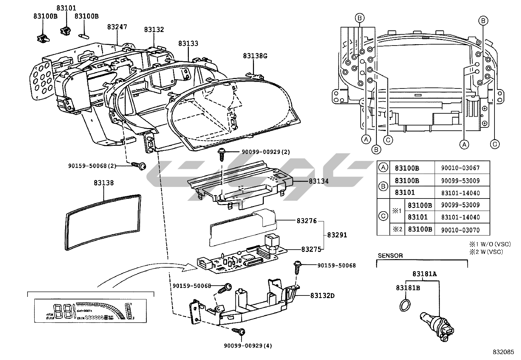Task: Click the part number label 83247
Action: click(117, 27)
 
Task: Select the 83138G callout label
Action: click(255, 56)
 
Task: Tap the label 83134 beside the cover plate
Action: click(318, 181)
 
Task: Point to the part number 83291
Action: click(336, 235)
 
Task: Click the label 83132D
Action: click(322, 296)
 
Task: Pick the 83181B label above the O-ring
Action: click(408, 288)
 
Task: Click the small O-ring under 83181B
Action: click(405, 305)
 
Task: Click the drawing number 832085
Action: click(503, 352)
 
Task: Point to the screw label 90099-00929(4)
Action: click(248, 346)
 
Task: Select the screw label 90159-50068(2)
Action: click(92, 166)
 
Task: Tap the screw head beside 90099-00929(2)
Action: click(222, 152)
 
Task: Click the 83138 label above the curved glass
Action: click(104, 183)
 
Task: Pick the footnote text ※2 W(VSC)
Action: click(486, 252)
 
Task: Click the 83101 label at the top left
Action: click(66, 8)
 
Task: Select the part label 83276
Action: click(307, 221)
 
